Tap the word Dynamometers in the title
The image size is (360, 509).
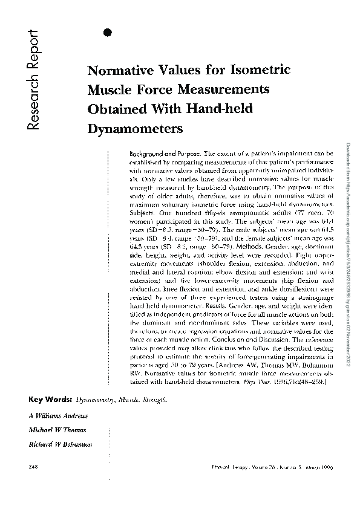136,129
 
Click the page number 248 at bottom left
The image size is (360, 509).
34,467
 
